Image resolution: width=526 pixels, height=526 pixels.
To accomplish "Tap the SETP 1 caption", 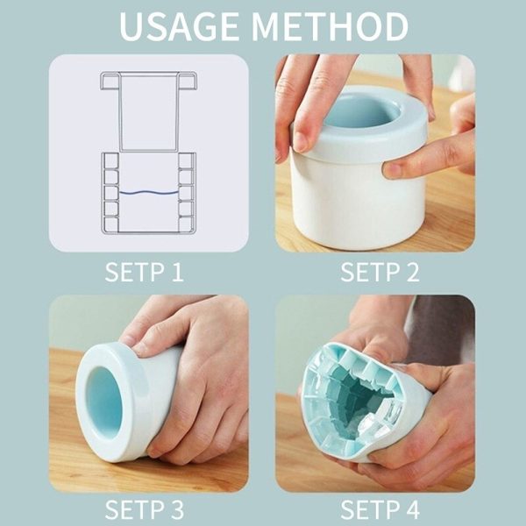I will (x=144, y=271).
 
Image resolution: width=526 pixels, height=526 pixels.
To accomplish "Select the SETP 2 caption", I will (x=380, y=271).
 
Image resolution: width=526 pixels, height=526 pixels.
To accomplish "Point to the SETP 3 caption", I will (x=144, y=509).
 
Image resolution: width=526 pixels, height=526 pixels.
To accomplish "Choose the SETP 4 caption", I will (x=380, y=509).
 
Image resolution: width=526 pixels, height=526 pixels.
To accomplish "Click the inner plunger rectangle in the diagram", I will (x=148, y=110).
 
